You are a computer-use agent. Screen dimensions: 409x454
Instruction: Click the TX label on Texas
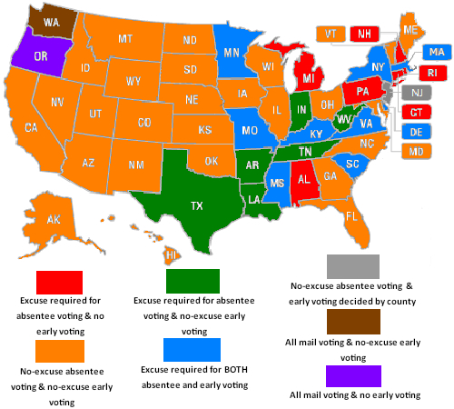click(x=196, y=205)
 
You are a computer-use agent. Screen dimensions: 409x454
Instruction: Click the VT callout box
click(x=330, y=33)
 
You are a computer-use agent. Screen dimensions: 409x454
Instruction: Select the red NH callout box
click(x=364, y=33)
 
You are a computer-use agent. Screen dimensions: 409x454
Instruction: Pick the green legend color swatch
click(x=193, y=281)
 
